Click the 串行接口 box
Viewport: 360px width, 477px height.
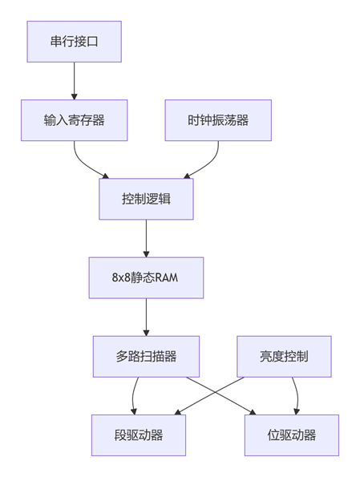[75, 42]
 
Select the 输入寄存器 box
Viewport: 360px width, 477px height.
[75, 120]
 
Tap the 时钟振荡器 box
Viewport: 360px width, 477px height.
[218, 120]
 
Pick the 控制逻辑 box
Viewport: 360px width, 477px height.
[146, 199]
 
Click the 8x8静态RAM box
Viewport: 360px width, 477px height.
[146, 277]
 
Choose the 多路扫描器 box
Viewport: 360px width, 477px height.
[146, 357]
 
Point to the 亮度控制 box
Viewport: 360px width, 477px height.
[284, 357]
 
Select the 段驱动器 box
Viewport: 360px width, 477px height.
[139, 435]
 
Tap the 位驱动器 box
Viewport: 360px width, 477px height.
[292, 435]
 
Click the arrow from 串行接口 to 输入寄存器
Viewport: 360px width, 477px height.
[75, 81]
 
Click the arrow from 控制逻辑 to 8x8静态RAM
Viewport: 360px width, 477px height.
[146, 239]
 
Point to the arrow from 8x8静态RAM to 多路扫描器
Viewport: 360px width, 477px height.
[146, 317]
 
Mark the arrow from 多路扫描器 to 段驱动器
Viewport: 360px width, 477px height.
[133, 396]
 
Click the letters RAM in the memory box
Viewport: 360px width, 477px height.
[167, 277]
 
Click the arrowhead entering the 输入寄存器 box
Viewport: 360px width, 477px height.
[75, 97]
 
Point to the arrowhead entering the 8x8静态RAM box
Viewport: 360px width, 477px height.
[146, 255]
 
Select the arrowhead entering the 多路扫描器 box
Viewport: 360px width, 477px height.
[146, 333]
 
